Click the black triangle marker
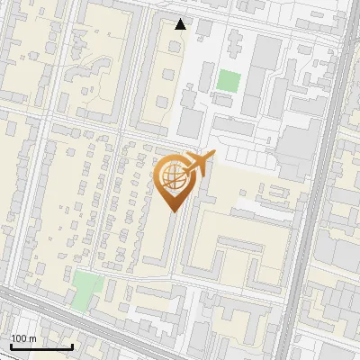click(x=181, y=24)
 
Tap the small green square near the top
click(x=228, y=80)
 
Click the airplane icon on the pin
click(x=199, y=165)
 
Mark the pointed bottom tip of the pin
click(x=173, y=211)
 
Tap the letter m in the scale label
click(x=32, y=338)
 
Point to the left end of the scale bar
click(x=11, y=346)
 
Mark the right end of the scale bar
click(x=73, y=346)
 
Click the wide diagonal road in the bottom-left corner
click(x=54, y=315)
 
